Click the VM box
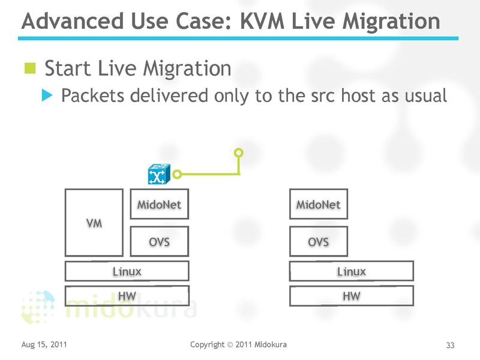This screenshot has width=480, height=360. coord(94,223)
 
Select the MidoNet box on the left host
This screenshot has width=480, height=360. coord(159,205)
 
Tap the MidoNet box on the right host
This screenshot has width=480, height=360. coord(318,205)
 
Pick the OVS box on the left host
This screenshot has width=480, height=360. coord(159,242)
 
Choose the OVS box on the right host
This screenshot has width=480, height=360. coord(318,242)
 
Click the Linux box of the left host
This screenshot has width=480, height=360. coord(127,271)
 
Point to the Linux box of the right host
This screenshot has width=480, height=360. coord(352,271)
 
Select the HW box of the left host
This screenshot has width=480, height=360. coord(127,296)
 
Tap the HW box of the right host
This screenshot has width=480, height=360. coord(352,296)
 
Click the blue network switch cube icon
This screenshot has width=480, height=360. coord(159,175)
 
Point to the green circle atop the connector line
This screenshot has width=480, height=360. coord(239,152)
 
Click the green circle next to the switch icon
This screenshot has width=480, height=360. coord(177,175)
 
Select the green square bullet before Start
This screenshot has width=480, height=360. coord(30,67)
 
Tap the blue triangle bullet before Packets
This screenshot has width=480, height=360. coord(47,95)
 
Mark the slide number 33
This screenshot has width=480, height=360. coord(450,345)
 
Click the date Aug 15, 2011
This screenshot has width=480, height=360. coord(44,344)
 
